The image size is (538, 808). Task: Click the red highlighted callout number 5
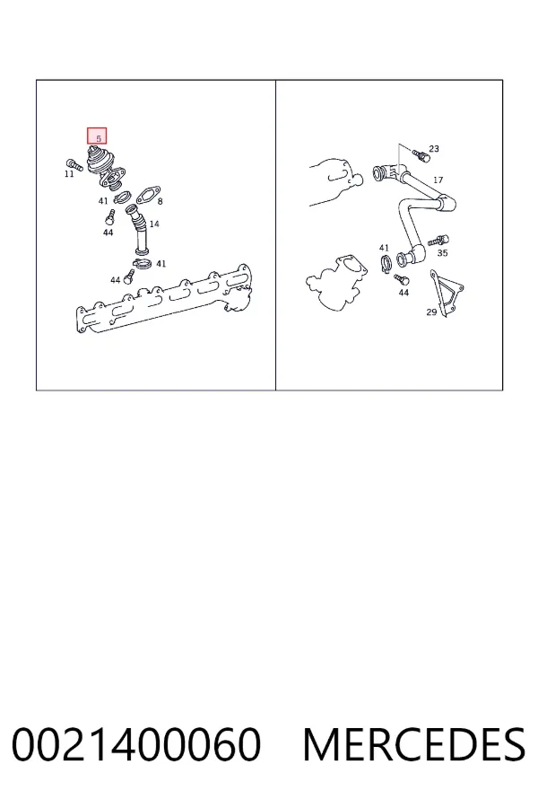click(97, 136)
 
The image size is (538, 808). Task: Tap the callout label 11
click(69, 174)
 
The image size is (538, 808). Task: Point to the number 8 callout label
click(161, 201)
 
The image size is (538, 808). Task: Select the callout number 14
click(154, 224)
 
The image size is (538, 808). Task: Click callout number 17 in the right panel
click(438, 180)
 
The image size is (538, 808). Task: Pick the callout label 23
click(434, 148)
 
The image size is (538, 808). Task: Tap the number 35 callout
click(443, 253)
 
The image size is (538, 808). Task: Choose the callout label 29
click(431, 312)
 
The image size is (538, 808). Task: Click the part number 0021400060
click(136, 744)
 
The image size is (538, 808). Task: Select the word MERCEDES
click(414, 744)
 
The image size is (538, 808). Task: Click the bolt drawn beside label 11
click(74, 165)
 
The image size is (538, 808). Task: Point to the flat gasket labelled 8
click(147, 196)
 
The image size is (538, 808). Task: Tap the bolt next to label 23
click(421, 154)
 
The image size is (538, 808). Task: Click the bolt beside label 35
click(438, 241)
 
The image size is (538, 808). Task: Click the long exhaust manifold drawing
click(164, 299)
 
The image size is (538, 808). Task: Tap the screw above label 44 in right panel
click(401, 280)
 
